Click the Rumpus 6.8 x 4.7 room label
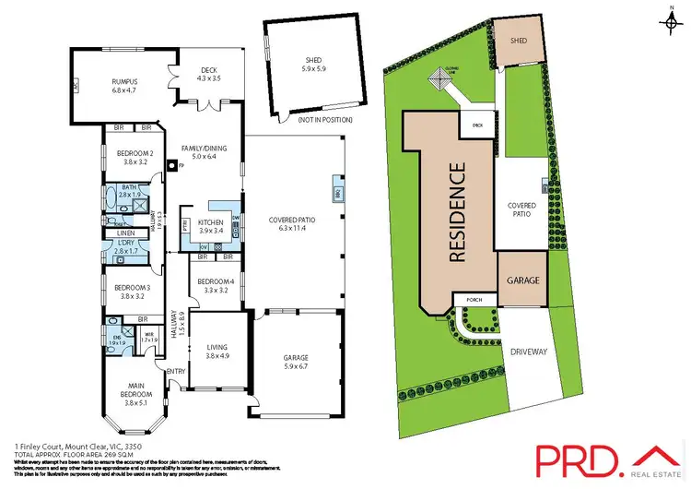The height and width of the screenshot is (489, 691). pyautogui.click(x=123, y=84)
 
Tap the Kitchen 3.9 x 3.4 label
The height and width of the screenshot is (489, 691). pyautogui.click(x=211, y=225)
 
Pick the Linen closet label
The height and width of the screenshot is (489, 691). pyautogui.click(x=126, y=233)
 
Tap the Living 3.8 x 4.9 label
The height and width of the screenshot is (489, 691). pyautogui.click(x=218, y=352)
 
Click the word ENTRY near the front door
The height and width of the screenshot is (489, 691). pyautogui.click(x=175, y=372)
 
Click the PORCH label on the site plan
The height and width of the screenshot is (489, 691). pyautogui.click(x=476, y=298)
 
